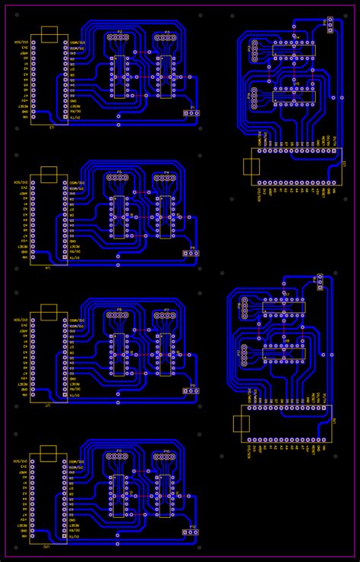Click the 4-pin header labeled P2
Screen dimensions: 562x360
click(x=118, y=37)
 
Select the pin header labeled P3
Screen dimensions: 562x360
click(x=166, y=37)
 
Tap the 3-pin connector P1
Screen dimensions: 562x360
click(x=191, y=113)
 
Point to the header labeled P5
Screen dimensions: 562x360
click(x=118, y=178)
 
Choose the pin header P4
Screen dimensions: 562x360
click(x=166, y=178)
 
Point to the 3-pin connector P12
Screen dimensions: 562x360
click(x=190, y=532)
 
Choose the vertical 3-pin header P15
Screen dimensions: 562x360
click(x=330, y=23)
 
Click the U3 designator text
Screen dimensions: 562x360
click(x=52, y=128)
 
